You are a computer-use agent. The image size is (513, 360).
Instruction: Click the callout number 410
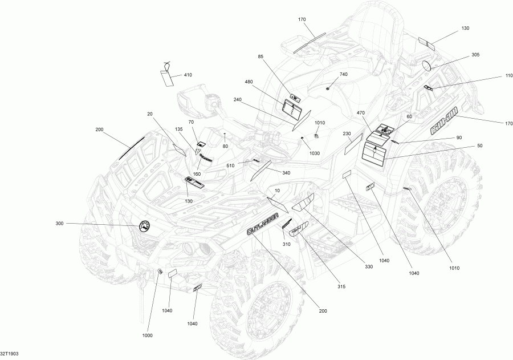(x=188, y=76)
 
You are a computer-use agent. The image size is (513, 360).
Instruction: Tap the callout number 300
(x=59, y=223)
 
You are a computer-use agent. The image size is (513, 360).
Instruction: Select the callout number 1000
(x=147, y=335)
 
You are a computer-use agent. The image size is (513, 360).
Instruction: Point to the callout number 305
(x=475, y=55)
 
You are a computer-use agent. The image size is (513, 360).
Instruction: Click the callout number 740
(x=343, y=75)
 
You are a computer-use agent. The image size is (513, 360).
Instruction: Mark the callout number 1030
(x=315, y=153)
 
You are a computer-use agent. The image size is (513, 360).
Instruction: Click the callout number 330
(x=369, y=267)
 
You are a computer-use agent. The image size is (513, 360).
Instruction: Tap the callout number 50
(x=479, y=147)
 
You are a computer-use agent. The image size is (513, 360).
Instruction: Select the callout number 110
(x=492, y=76)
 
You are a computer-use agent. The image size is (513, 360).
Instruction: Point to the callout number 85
(x=260, y=56)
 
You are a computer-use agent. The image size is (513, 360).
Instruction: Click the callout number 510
(x=231, y=166)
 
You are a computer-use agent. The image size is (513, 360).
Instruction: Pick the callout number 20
(x=150, y=114)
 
